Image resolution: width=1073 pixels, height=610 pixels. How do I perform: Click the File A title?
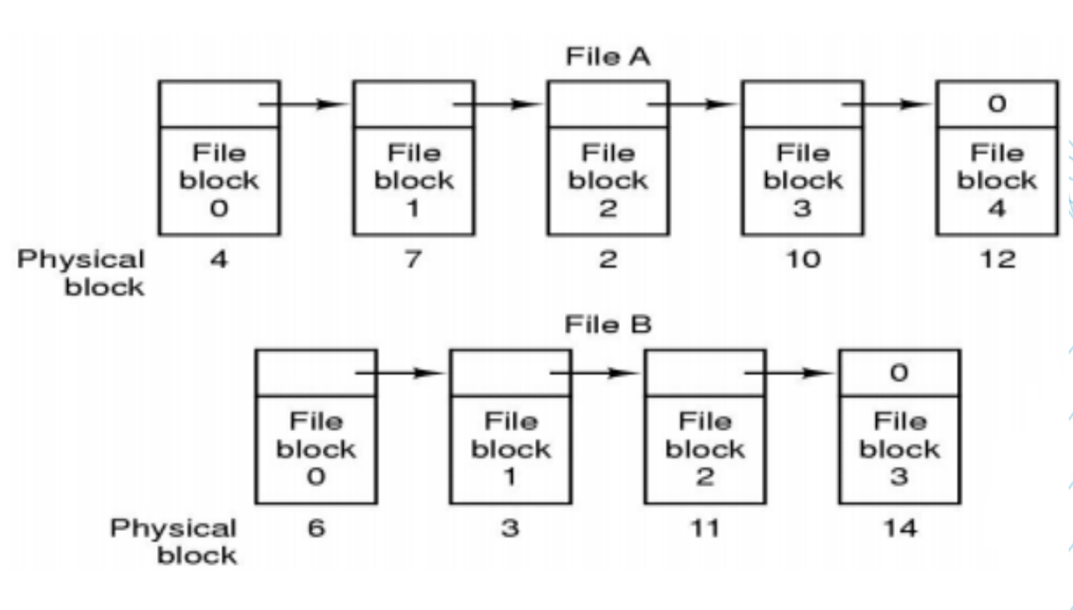pos(607,57)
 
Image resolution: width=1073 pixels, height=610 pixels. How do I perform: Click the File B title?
pos(607,325)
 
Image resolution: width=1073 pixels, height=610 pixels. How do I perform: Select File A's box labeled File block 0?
pos(220,180)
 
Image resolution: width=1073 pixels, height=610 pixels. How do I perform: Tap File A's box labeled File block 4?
pos(996,180)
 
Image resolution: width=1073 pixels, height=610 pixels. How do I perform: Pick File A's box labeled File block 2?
pos(607,180)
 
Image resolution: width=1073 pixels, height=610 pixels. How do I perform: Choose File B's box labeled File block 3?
pos(899,449)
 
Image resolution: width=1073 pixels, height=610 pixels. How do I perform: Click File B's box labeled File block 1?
pos(511,449)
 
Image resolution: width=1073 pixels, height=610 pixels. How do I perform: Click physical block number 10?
pos(803,260)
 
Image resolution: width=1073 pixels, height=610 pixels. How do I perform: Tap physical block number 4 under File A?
pos(220,260)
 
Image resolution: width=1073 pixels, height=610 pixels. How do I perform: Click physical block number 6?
pos(316,528)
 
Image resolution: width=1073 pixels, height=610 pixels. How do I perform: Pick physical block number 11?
pos(705,528)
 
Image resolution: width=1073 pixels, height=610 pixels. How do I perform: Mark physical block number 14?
pos(899,528)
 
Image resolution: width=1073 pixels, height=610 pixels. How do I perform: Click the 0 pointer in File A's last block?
pos(996,104)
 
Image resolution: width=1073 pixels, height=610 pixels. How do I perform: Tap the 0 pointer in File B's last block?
pos(899,373)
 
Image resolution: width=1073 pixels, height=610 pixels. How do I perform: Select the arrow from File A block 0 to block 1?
pos(304,105)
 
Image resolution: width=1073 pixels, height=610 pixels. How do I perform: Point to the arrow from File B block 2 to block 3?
pos(789,374)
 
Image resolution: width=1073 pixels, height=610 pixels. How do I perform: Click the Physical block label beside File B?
pos(175,541)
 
